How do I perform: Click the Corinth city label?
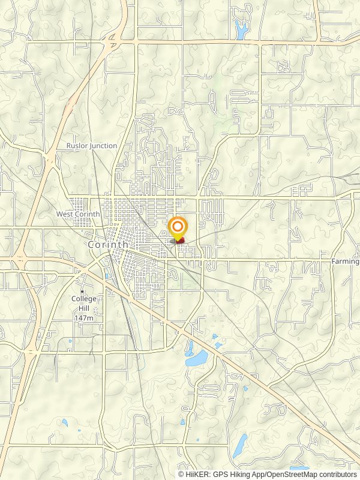(108, 245)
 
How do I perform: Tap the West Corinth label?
(78, 214)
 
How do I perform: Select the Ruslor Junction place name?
(92, 146)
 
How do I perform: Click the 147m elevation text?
(83, 317)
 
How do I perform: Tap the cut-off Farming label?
(346, 262)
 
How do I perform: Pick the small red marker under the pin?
(179, 241)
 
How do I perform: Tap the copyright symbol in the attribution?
(181, 474)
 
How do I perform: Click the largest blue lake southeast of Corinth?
(196, 359)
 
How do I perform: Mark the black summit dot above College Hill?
(82, 292)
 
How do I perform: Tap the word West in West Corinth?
(66, 214)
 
